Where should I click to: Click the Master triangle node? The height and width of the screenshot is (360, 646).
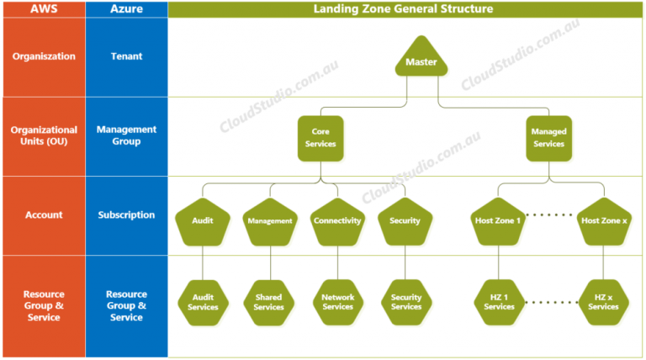421,60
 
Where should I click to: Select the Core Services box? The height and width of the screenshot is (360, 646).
320,138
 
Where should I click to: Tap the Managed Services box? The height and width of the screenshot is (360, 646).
549,138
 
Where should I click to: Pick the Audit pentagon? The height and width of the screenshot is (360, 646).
202,222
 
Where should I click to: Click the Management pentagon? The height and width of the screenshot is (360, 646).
270,222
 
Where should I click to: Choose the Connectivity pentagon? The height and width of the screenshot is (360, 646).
337,222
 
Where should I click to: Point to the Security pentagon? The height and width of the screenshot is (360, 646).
405,222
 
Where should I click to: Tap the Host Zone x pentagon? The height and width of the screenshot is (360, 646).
604,222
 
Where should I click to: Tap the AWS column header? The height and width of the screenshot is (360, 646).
43,9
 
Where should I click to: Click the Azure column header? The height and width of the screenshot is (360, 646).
126,9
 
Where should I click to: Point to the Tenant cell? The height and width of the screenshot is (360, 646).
126,57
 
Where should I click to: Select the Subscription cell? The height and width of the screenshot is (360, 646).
126,215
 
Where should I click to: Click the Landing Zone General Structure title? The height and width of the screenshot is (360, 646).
404,9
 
